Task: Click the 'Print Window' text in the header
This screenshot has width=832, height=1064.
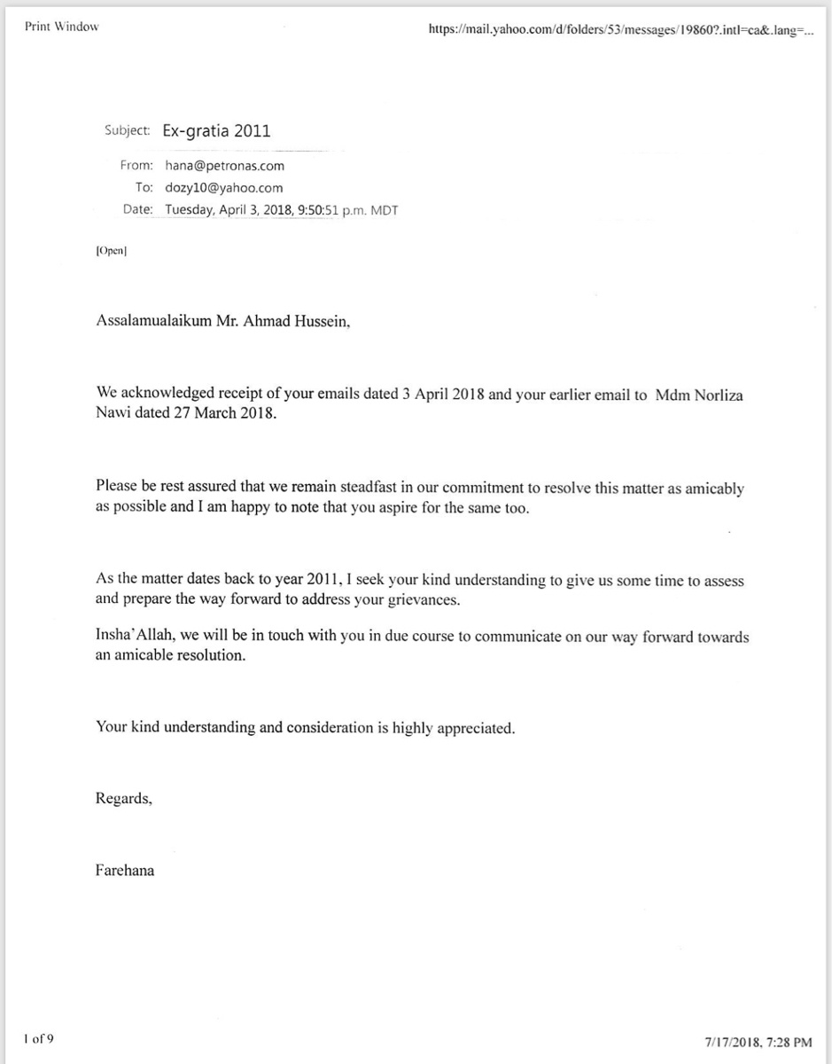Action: coord(61,27)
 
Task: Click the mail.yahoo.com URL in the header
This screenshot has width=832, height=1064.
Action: coord(619,29)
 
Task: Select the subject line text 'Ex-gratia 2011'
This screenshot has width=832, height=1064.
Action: coord(216,131)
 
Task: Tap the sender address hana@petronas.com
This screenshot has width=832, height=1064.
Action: coord(224,165)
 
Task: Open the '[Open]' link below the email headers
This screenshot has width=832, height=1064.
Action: coord(112,251)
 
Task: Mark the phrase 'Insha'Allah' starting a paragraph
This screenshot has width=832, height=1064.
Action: coord(132,638)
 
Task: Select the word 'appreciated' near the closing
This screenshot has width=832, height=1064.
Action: coord(476,728)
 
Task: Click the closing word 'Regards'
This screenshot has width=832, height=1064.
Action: coord(123,799)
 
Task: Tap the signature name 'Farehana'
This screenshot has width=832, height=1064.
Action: coord(125,870)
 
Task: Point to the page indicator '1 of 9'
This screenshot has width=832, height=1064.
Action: coord(39,1038)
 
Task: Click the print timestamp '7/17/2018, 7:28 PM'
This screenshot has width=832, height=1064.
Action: coord(758,1042)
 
